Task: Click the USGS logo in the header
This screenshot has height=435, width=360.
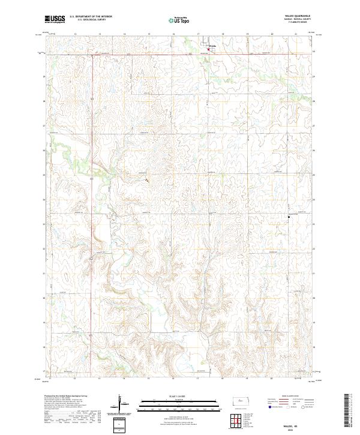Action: click(x=55, y=20)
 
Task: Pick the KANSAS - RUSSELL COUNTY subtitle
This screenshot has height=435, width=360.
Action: click(x=298, y=21)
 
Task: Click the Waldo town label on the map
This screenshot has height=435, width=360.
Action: click(x=214, y=45)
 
